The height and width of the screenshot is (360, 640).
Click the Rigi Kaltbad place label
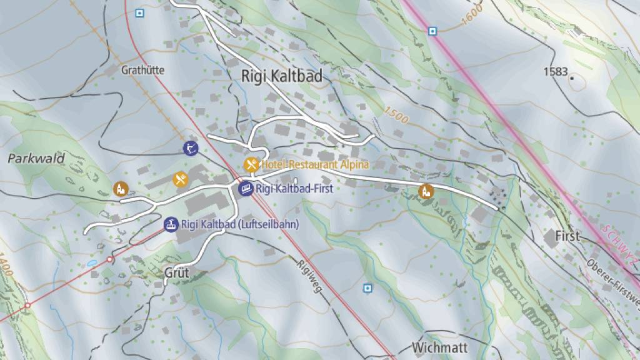point(282,76)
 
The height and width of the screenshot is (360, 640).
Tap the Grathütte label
point(143,70)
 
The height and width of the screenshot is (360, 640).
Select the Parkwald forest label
point(36,159)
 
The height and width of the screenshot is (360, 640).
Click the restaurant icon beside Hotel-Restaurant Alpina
point(251,164)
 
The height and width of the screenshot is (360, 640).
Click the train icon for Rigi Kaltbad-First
point(246,187)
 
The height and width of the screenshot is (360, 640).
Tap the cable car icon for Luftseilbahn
point(170,224)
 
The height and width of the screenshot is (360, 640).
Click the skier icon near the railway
point(191,148)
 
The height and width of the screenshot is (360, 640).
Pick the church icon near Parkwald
point(119,188)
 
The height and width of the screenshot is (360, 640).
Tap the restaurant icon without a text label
point(180,179)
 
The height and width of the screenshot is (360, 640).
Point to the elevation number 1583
point(555,72)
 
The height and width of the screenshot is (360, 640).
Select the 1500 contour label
point(396,115)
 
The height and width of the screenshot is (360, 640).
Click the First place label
point(567,236)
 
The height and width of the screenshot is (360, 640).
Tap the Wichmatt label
point(440,347)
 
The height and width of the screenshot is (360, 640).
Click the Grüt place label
point(176,273)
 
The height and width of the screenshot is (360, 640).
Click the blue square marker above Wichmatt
point(367,287)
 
